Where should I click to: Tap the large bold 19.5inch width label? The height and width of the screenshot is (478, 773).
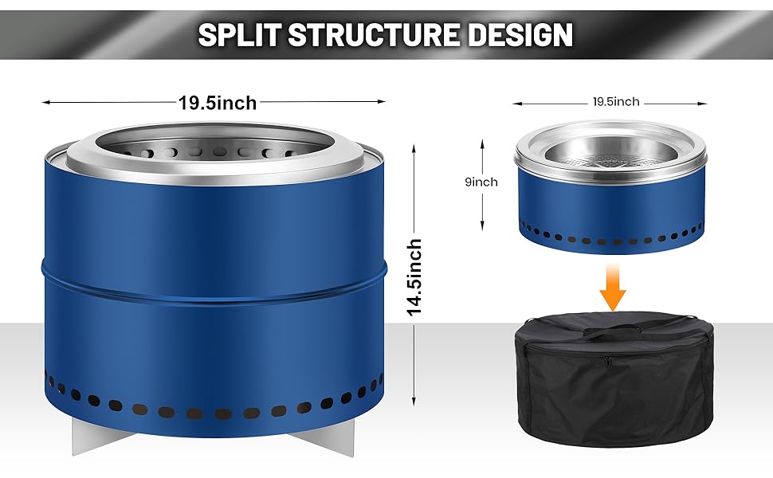click(x=218, y=103)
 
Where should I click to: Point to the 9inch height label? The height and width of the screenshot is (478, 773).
click(x=481, y=182)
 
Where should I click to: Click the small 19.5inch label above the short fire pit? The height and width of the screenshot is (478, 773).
click(x=615, y=102)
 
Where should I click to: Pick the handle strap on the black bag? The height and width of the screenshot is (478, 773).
click(x=614, y=329)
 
